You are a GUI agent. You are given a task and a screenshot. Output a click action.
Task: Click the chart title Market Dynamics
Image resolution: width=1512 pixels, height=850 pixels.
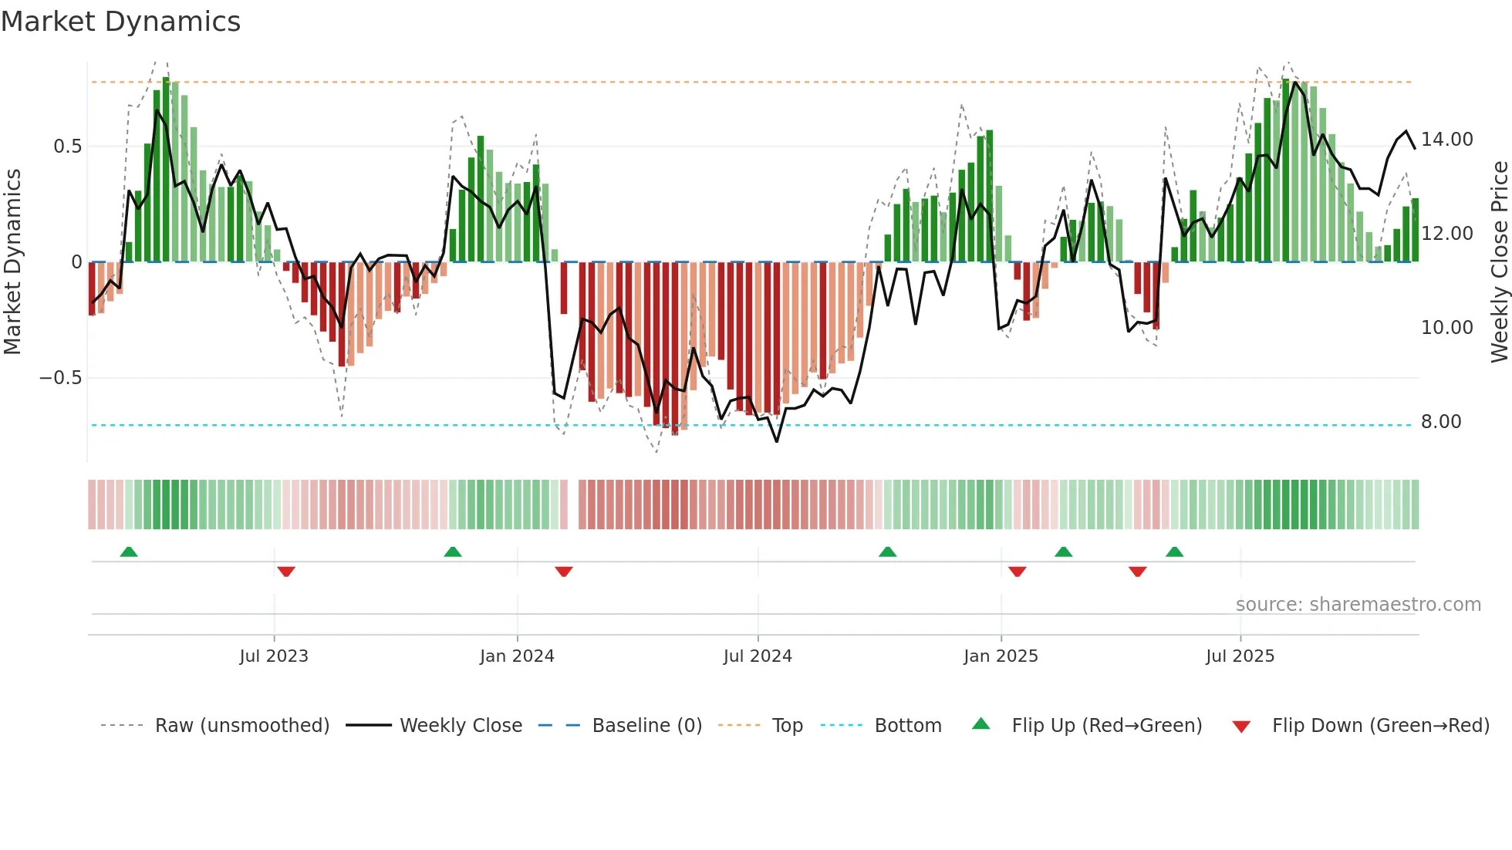pyautogui.click(x=121, y=22)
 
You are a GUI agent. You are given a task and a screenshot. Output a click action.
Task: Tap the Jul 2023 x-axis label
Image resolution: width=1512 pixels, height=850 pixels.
pyautogui.click(x=274, y=656)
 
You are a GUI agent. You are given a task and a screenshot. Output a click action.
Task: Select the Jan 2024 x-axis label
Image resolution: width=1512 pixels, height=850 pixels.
pyautogui.click(x=517, y=656)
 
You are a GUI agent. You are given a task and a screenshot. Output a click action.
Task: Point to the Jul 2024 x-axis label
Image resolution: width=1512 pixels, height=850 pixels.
pyautogui.click(x=758, y=656)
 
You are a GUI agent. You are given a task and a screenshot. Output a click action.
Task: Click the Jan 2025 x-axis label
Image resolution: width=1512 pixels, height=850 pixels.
pyautogui.click(x=1001, y=656)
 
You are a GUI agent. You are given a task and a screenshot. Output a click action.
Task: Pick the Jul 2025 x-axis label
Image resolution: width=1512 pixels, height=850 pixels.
pyautogui.click(x=1240, y=656)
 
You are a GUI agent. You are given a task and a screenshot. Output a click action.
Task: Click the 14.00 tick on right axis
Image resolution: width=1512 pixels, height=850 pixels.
pyautogui.click(x=1447, y=140)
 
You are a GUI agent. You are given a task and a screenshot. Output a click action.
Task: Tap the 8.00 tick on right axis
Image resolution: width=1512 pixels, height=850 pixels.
pyautogui.click(x=1441, y=422)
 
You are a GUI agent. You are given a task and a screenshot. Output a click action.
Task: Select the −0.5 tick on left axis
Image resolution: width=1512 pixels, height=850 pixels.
pyautogui.click(x=61, y=378)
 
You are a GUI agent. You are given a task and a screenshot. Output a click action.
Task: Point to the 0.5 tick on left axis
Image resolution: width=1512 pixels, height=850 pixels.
pyautogui.click(x=68, y=147)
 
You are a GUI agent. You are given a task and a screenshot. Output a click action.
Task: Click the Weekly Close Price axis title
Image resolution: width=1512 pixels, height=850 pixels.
pyautogui.click(x=1499, y=262)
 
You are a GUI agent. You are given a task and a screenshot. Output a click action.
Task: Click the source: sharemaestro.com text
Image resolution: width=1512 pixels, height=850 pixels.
pyautogui.click(x=1358, y=605)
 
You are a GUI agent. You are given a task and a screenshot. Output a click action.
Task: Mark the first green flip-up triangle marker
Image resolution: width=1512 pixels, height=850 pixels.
pyautogui.click(x=129, y=551)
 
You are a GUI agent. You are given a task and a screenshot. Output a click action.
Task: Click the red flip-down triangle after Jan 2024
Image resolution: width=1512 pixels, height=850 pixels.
pyautogui.click(x=564, y=572)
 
